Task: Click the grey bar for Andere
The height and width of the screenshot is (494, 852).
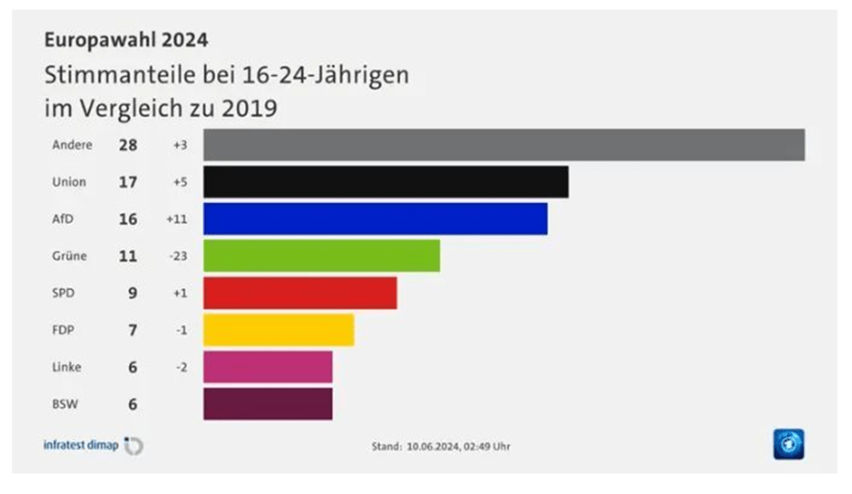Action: tap(504, 144)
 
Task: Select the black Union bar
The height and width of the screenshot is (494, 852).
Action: tap(386, 182)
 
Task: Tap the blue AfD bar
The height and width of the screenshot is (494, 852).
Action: tap(375, 218)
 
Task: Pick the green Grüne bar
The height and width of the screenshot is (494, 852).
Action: tap(321, 256)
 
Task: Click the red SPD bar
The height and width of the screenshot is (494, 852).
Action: tap(300, 292)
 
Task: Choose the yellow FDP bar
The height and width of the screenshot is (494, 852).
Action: tap(278, 330)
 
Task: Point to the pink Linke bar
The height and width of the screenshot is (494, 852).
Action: tap(267, 367)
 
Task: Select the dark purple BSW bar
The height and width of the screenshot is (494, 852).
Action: tap(267, 404)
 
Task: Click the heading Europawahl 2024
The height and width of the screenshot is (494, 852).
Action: tap(126, 39)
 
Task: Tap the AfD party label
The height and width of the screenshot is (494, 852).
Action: tap(62, 218)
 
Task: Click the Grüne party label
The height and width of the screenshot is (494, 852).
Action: tap(69, 256)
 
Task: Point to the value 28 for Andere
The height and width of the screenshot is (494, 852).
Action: tap(127, 145)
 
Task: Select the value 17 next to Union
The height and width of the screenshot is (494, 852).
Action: tap(127, 182)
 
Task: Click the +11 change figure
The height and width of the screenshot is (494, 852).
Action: tap(177, 219)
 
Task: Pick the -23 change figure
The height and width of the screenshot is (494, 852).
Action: tap(177, 256)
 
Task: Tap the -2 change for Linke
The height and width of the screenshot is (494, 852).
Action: tap(181, 367)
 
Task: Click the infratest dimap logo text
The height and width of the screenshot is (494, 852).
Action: tap(81, 445)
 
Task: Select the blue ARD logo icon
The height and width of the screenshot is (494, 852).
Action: tap(788, 444)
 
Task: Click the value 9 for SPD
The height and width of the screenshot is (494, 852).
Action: tap(132, 293)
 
